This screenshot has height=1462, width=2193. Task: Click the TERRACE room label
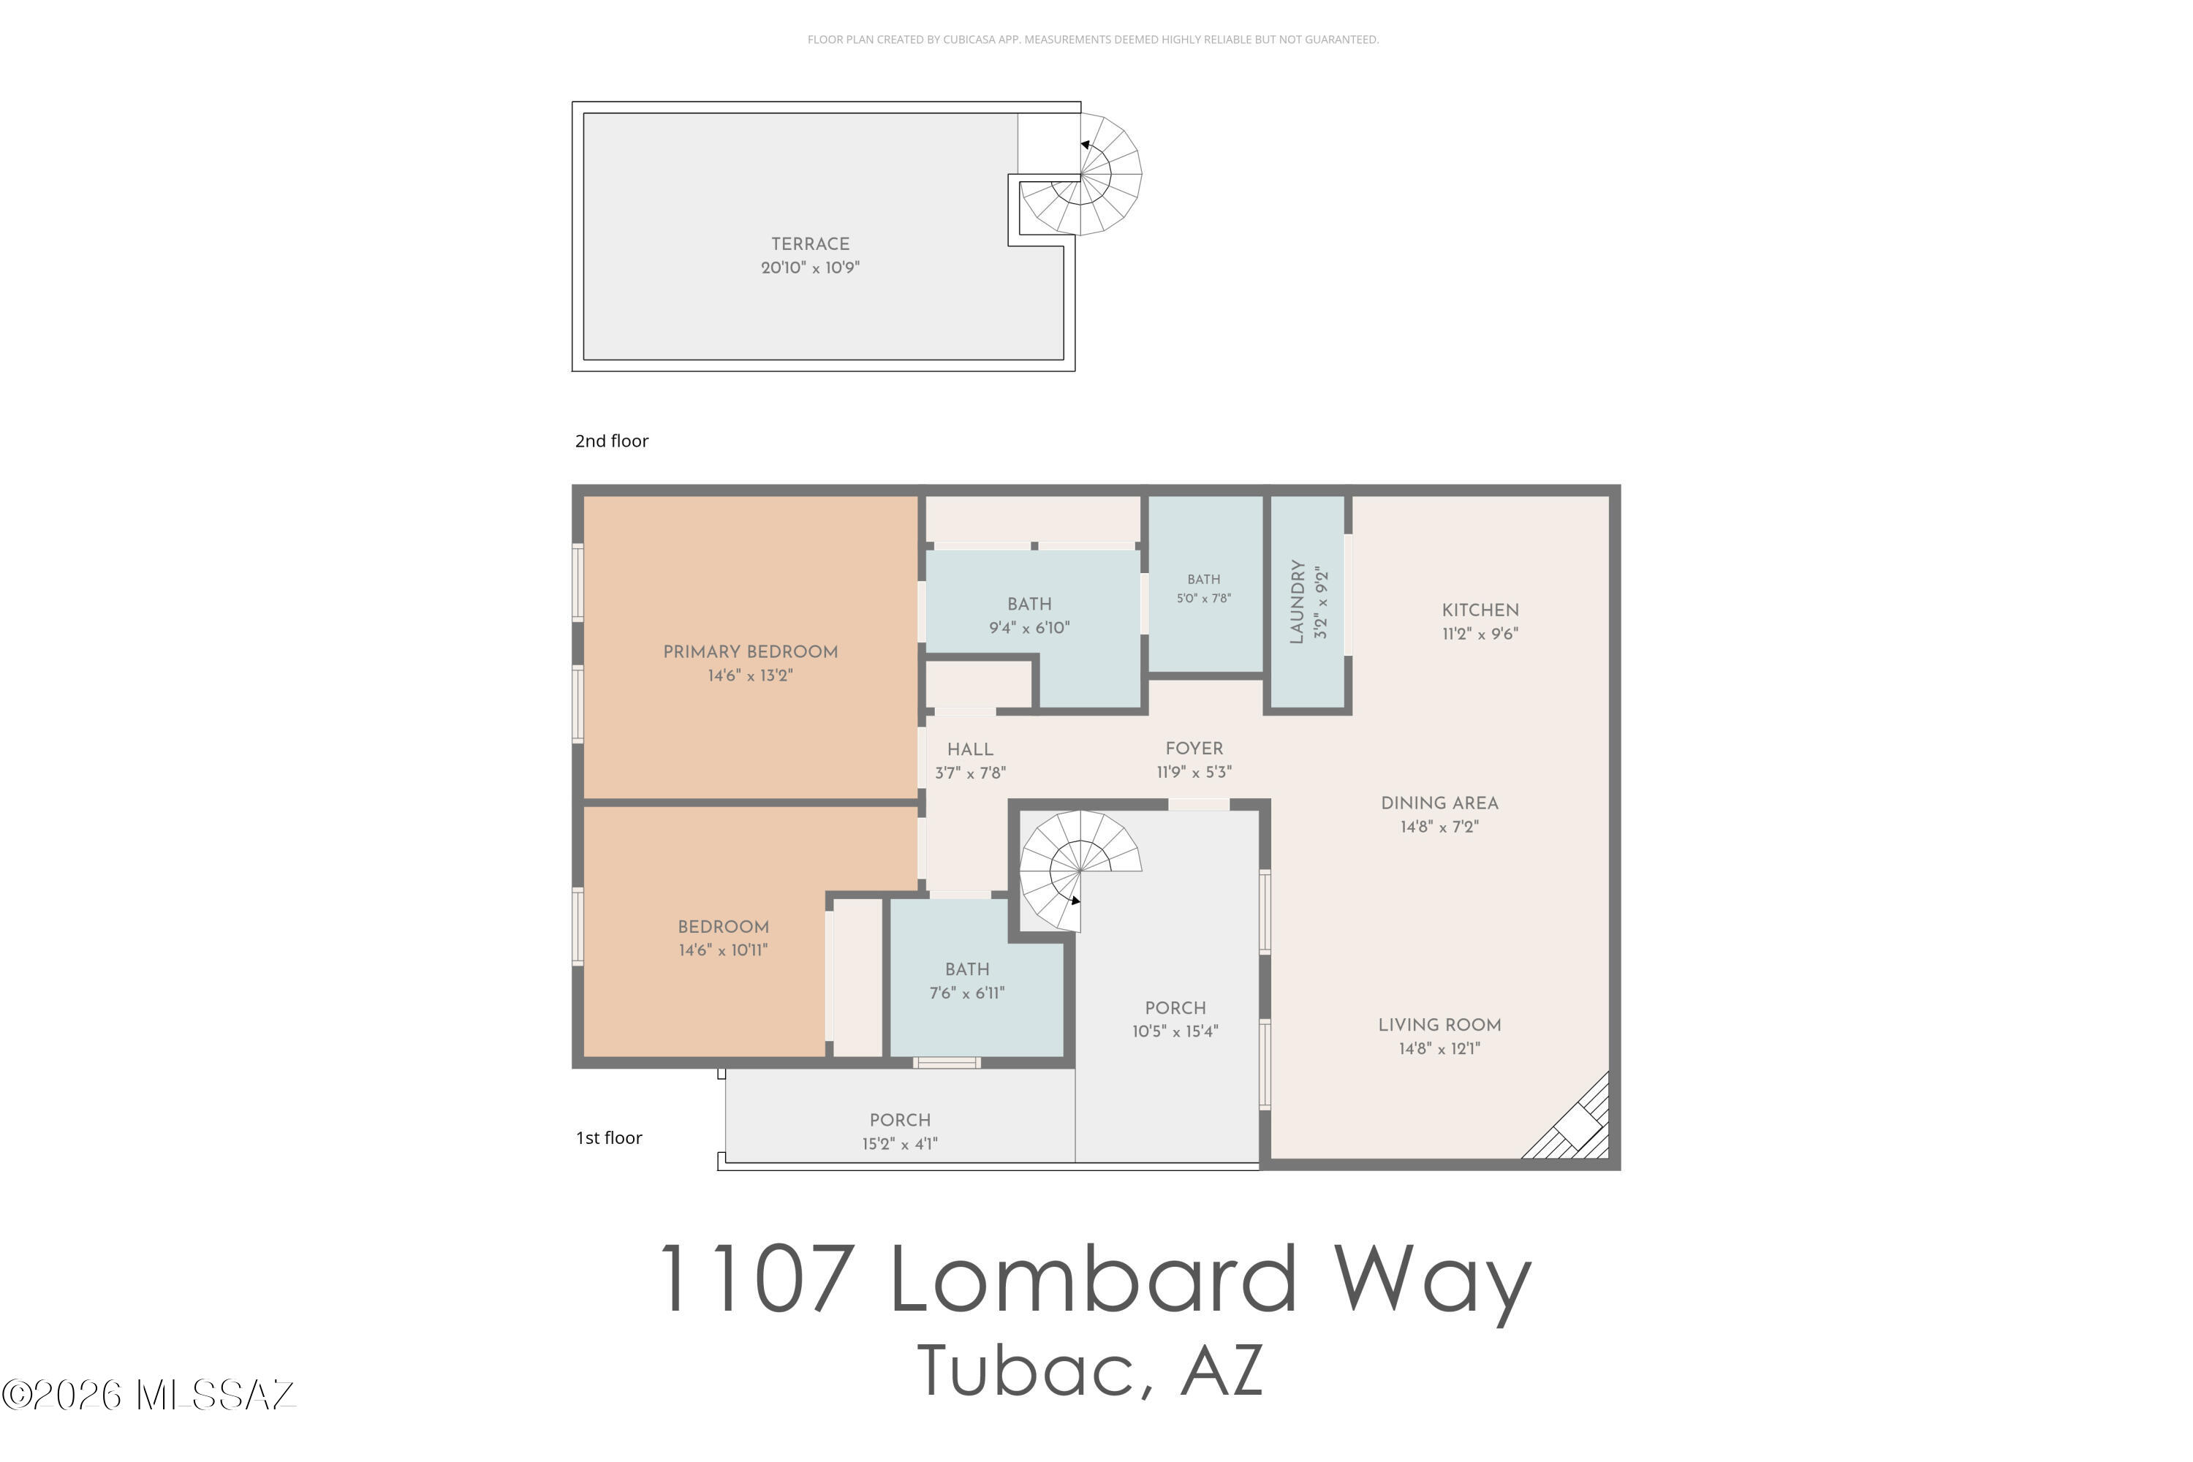(809, 244)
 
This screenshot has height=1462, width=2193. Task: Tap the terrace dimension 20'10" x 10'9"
(809, 268)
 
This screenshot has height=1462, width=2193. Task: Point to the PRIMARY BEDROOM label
(751, 652)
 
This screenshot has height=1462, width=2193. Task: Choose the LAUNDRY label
(1296, 602)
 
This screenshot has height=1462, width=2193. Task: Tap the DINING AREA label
(1439, 803)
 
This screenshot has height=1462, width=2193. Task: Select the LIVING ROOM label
(1439, 1025)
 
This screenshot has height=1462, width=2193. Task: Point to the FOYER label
(1194, 749)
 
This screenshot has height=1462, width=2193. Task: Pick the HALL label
(970, 750)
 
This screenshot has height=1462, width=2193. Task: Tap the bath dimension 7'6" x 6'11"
(967, 993)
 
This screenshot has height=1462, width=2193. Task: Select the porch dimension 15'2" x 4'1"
(899, 1144)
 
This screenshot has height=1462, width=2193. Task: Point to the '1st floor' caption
(609, 1137)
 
